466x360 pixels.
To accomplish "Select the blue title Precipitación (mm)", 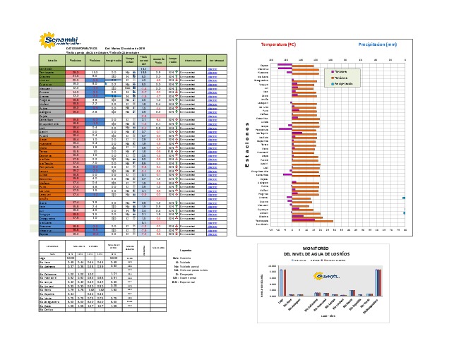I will (382, 44).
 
